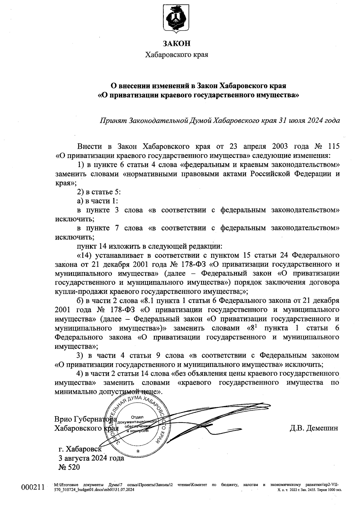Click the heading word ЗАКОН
click(177, 44)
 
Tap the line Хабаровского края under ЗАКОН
click(177, 55)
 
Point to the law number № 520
click(69, 467)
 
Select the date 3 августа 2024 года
click(91, 458)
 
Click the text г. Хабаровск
click(80, 449)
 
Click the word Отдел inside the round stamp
click(137, 417)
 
